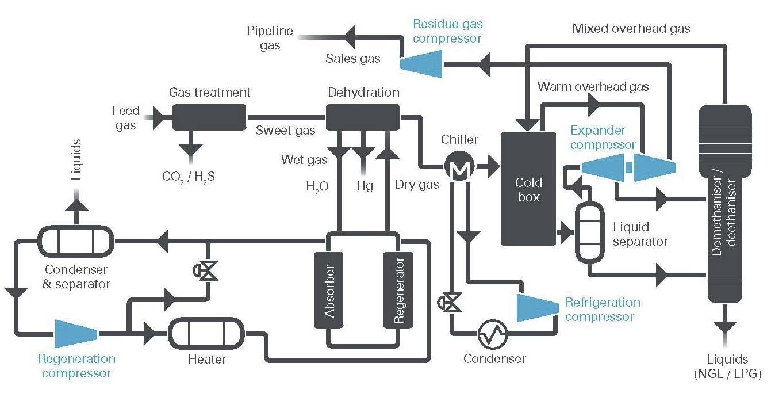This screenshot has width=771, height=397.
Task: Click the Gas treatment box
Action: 209,117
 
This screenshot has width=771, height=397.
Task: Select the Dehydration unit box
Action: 363,117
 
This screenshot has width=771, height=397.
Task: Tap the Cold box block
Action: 528,189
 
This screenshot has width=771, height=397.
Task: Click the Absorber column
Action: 329,290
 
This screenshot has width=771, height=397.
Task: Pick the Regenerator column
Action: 398,290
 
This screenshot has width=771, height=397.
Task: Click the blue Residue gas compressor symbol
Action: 421,64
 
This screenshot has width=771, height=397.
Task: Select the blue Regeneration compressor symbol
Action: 76,334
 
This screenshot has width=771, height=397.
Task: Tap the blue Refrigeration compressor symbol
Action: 538,307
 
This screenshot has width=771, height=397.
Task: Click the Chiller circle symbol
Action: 459,166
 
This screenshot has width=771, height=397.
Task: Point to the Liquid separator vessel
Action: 590,232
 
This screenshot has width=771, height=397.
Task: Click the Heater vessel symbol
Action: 206,334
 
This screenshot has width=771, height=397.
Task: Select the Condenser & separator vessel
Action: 76,241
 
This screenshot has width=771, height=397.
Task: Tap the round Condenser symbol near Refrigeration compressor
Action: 493,334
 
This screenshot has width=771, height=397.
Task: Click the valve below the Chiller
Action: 450,303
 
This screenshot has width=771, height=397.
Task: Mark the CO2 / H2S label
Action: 188,177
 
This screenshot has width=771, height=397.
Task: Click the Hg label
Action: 365,186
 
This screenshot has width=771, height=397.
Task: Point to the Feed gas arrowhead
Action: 158,118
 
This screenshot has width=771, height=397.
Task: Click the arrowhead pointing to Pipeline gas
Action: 350,37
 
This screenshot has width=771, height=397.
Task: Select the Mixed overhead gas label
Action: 631,29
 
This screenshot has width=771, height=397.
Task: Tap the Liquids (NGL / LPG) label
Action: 727,367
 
